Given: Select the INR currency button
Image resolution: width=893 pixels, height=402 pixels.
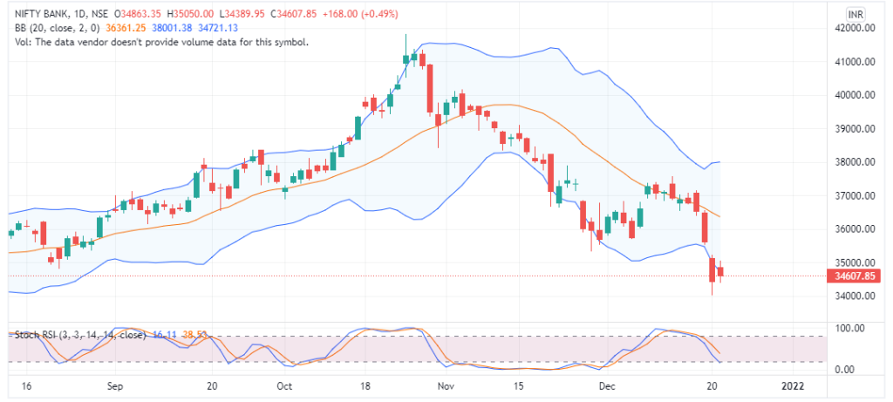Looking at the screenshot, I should tap(856, 14).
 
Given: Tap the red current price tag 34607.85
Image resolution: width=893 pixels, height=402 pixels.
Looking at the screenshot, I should tap(855, 276).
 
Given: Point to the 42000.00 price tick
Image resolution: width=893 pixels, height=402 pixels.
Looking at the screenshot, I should tap(855, 29).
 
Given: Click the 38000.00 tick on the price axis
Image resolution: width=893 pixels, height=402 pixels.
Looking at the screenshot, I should tap(855, 162).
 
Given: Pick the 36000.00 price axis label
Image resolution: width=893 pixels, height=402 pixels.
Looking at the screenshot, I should tap(855, 229).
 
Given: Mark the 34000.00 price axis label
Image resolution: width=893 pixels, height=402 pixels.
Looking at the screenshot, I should tap(855, 296).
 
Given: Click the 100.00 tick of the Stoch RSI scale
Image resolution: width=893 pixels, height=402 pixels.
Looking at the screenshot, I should tap(849, 329).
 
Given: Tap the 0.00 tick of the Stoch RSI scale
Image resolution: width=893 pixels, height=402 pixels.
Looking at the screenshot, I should tap(846, 370).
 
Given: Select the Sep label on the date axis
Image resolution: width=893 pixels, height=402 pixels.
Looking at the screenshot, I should tap(114, 385).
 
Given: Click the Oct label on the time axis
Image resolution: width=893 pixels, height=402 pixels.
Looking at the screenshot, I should tap(284, 385).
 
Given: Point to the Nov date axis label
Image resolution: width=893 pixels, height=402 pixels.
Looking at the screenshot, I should tap(446, 385).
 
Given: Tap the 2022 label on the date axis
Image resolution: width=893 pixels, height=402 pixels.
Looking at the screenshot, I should tap(792, 385).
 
